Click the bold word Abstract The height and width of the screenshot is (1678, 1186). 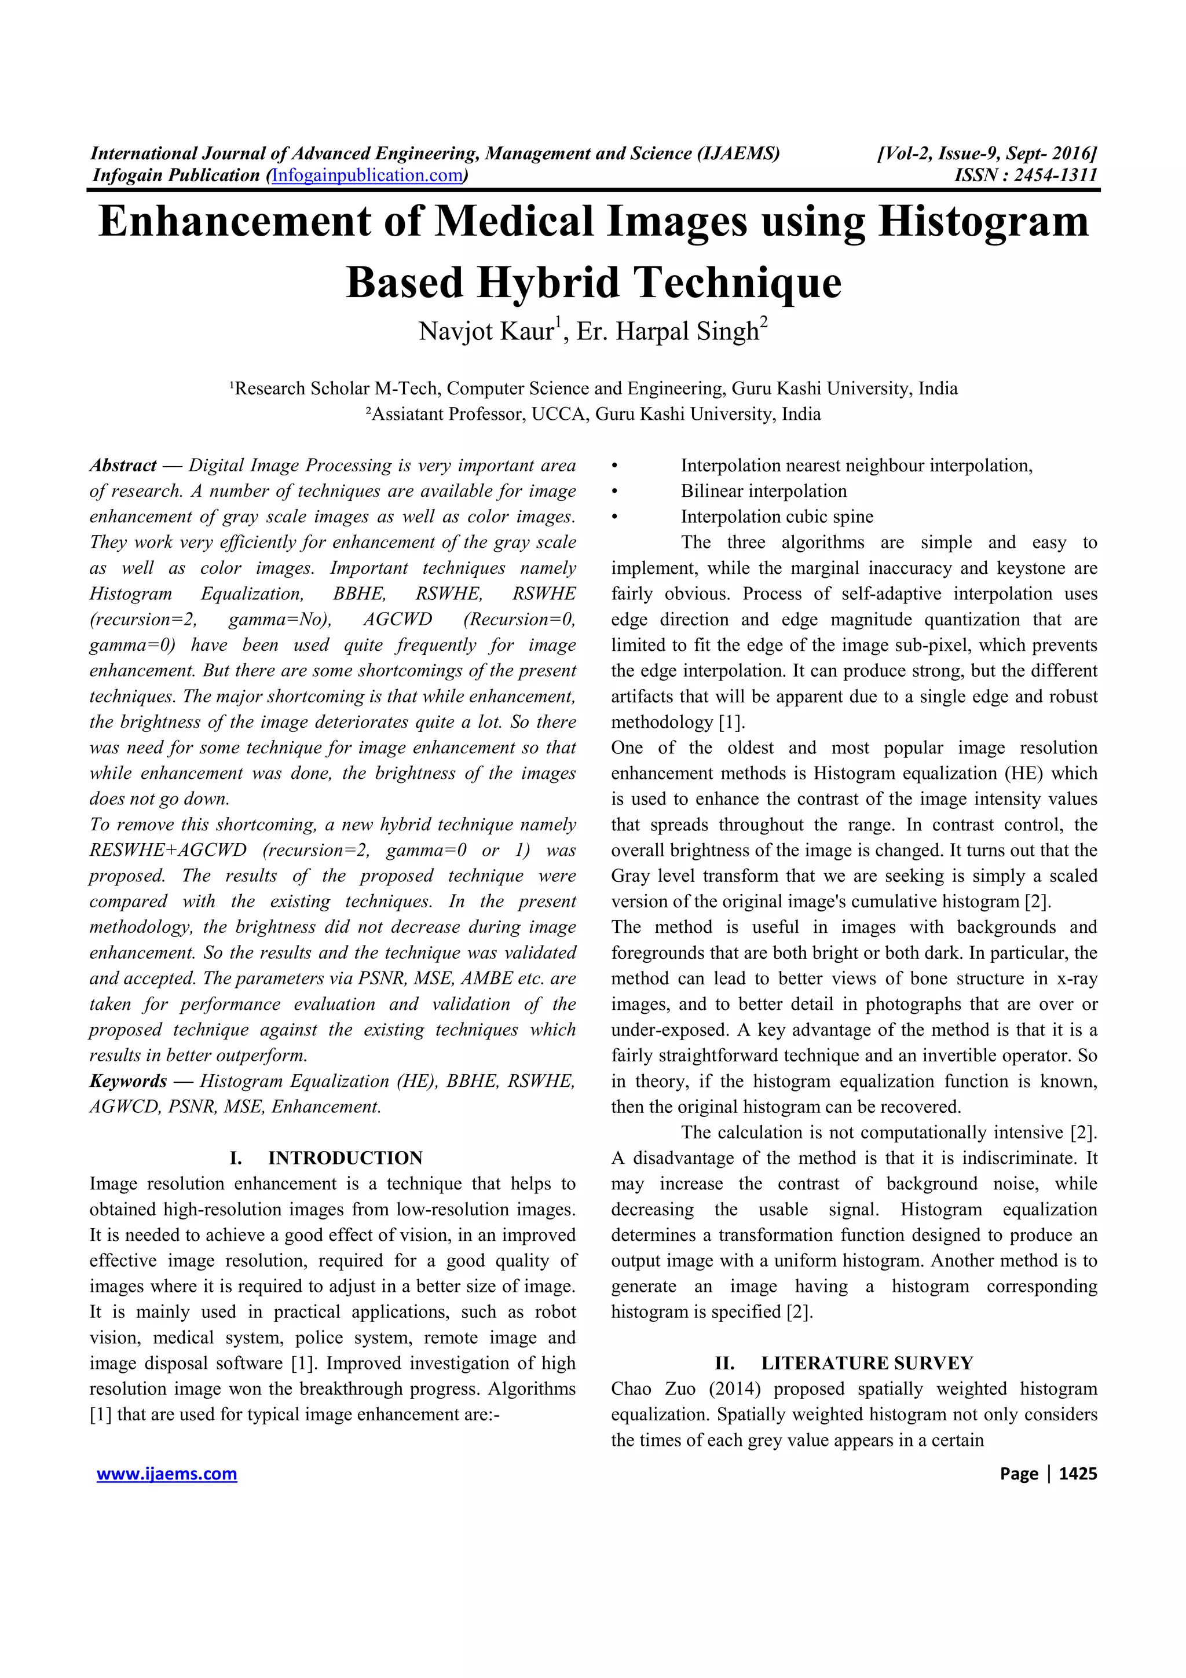[x=123, y=466]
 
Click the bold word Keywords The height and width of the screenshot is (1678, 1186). [x=128, y=1081]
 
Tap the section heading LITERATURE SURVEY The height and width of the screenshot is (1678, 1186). [x=867, y=1363]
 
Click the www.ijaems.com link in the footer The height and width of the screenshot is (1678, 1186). [x=167, y=1474]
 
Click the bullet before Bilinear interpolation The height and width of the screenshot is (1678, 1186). [x=615, y=492]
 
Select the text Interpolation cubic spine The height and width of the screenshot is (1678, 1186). [x=777, y=516]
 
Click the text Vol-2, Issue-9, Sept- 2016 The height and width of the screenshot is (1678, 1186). [x=987, y=153]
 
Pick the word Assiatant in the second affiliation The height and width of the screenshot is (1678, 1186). [x=407, y=415]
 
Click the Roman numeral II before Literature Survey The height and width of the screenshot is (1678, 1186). [x=724, y=1363]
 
